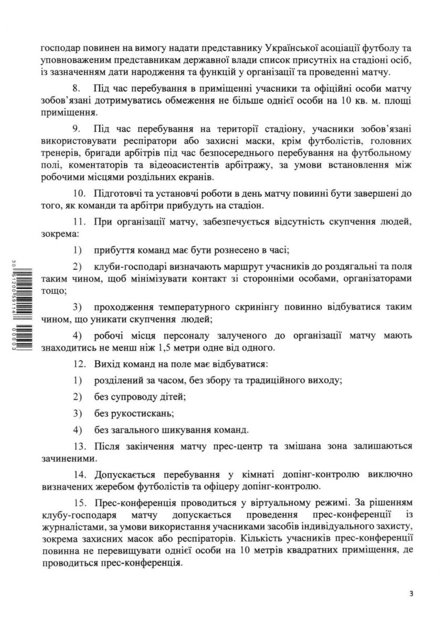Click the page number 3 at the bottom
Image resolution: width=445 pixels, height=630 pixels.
pyautogui.click(x=411, y=594)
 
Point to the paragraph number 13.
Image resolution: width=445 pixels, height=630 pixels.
pyautogui.click(x=79, y=446)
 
